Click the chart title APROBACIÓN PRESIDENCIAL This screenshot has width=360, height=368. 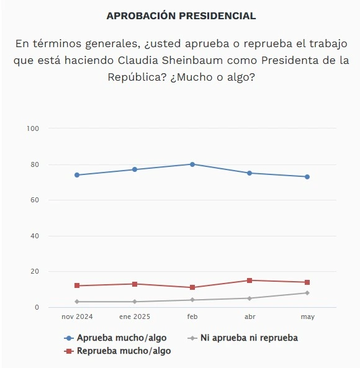click(x=181, y=16)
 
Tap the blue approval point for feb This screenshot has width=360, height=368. click(x=192, y=164)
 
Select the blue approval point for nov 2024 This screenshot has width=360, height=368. click(x=77, y=175)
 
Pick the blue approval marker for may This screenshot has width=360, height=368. click(x=307, y=177)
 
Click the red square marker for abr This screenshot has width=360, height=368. click(x=250, y=280)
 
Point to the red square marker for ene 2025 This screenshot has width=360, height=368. click(x=135, y=284)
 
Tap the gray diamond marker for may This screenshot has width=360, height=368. click(x=307, y=293)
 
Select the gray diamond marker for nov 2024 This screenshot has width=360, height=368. click(x=77, y=302)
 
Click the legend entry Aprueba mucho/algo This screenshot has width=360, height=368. click(x=115, y=338)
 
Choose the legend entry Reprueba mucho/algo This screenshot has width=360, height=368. click(x=117, y=351)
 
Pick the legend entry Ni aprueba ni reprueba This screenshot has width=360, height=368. click(x=243, y=338)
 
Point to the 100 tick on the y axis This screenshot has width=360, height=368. click(x=33, y=128)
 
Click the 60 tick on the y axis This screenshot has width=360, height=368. click(x=35, y=200)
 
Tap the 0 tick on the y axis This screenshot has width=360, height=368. click(x=37, y=307)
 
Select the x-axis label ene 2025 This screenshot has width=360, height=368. click(x=135, y=316)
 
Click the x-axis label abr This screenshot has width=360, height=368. click(x=250, y=316)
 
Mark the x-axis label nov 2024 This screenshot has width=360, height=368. click(x=77, y=316)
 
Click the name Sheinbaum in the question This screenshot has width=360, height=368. click(x=192, y=60)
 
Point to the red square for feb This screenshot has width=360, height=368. click(x=192, y=287)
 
